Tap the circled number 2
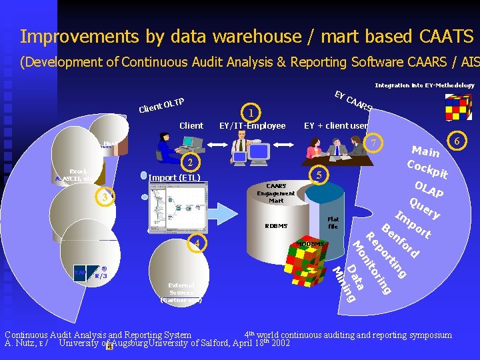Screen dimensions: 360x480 (x=190, y=163)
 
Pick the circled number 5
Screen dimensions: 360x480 (x=319, y=175)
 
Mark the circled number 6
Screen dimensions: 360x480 (x=457, y=141)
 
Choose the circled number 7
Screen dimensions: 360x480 (x=375, y=144)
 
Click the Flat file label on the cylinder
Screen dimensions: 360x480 (x=333, y=223)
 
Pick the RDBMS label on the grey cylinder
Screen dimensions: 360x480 (x=275, y=225)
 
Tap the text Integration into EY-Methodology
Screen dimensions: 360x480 (x=425, y=85)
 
